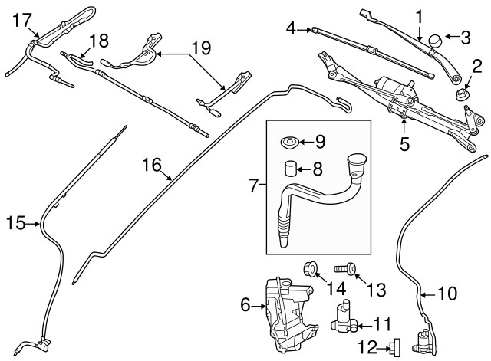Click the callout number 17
(x=23, y=18)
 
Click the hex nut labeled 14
(x=311, y=268)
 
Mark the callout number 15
(x=15, y=224)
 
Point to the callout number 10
(x=447, y=294)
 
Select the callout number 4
(x=292, y=30)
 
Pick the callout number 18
(x=99, y=39)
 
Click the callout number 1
(x=420, y=15)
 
